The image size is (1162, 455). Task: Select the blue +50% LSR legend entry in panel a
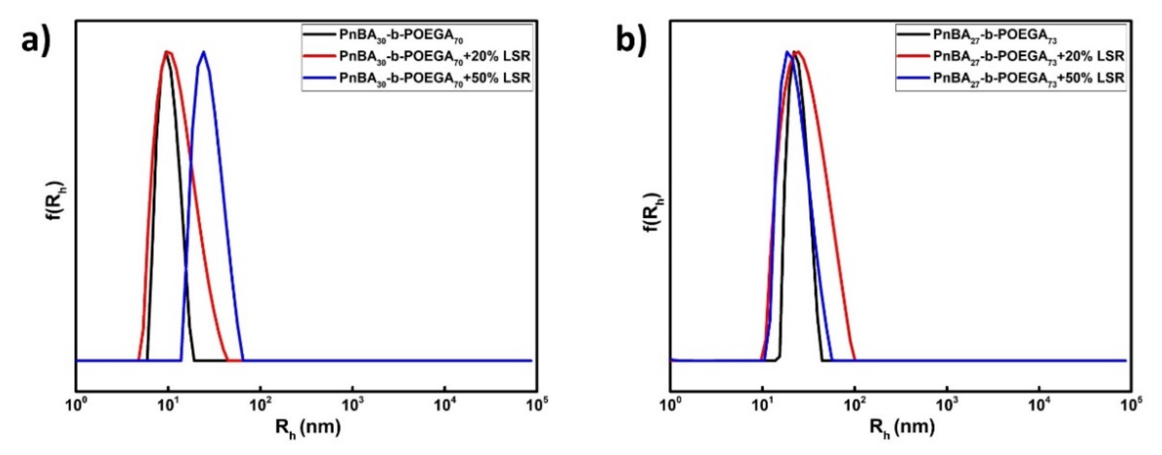417,78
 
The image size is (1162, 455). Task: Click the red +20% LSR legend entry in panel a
417,56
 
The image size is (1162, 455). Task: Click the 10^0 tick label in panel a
76,404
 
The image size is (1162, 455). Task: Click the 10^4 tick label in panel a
445,404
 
